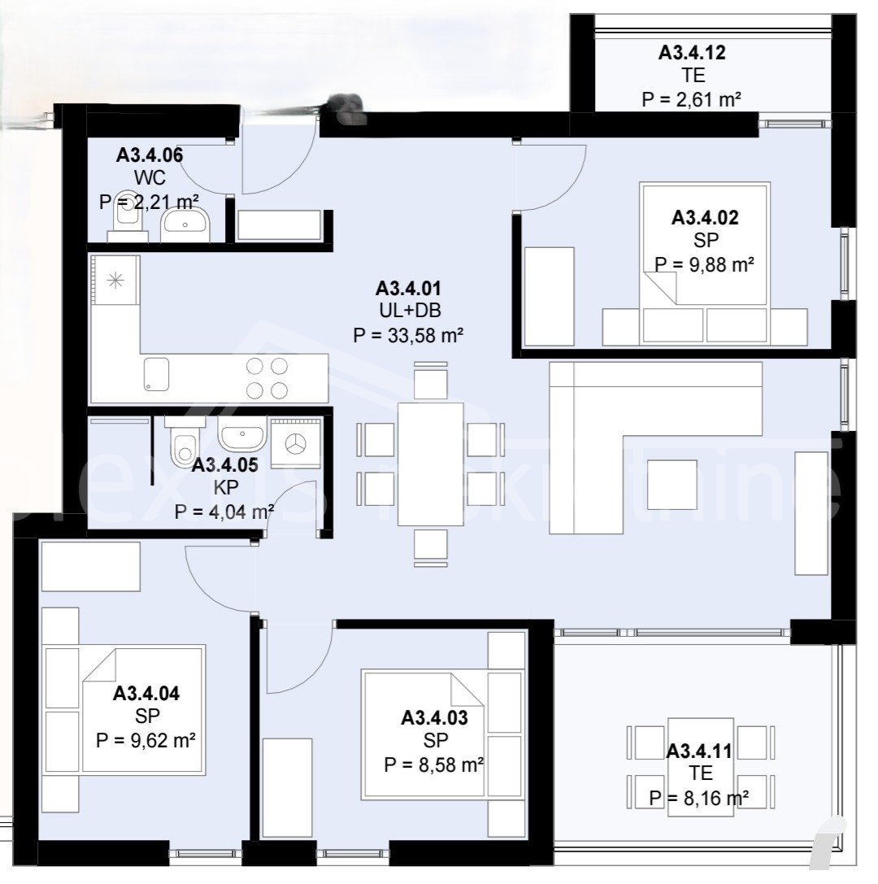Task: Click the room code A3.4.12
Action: [692, 52]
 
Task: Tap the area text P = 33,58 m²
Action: [408, 335]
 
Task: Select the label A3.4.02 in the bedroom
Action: [704, 218]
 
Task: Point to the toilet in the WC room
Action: [128, 216]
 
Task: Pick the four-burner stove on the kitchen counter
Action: [267, 378]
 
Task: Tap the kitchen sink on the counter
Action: [156, 374]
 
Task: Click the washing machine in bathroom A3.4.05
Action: [296, 443]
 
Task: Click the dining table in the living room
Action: [431, 464]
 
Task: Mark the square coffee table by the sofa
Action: [672, 485]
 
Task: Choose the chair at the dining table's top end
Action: [431, 381]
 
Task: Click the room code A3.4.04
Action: [146, 694]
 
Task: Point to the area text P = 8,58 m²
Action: [434, 765]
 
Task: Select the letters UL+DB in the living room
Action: [410, 311]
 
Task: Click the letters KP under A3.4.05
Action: [225, 487]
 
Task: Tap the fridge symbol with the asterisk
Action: [115, 281]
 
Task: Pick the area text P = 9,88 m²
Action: [704, 264]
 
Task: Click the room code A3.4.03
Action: [434, 717]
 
